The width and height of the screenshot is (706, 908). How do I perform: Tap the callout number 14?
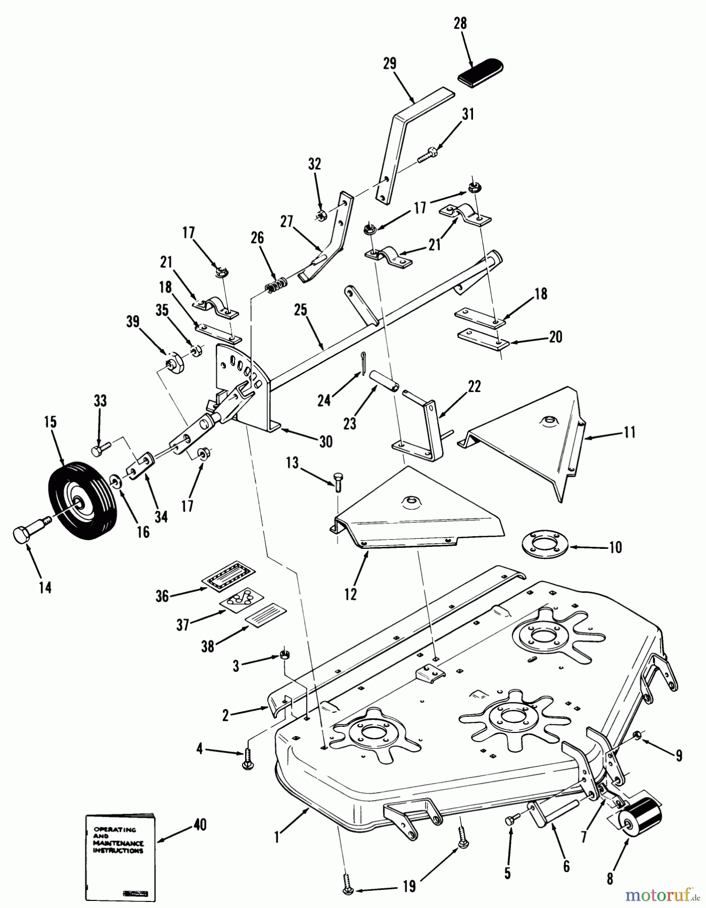45,587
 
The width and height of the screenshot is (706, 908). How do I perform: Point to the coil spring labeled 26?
276,285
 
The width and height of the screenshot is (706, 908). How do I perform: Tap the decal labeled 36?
228,575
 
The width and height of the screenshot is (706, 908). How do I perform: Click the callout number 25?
301,311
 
